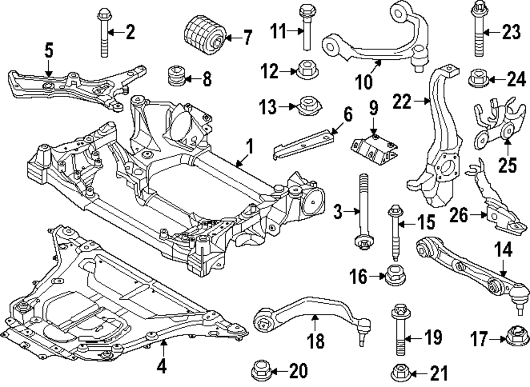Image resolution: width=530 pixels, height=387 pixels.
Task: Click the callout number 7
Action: (246, 38)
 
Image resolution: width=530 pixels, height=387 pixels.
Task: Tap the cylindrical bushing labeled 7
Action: (204, 35)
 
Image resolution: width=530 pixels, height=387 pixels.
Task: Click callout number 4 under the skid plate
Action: (162, 365)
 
